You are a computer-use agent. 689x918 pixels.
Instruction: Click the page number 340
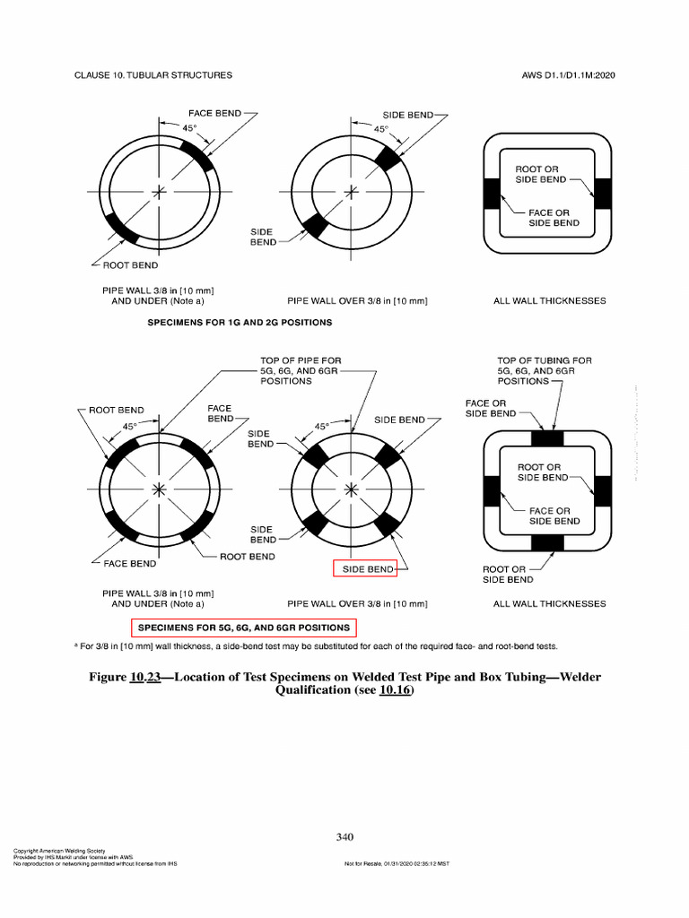pyautogui.click(x=345, y=836)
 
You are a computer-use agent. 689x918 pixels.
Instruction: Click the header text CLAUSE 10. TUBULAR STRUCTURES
pyautogui.click(x=153, y=75)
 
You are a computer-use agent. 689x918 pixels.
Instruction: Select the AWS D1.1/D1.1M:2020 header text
pyautogui.click(x=568, y=75)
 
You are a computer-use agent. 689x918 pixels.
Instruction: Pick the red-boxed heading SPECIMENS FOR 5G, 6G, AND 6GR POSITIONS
pyautogui.click(x=243, y=628)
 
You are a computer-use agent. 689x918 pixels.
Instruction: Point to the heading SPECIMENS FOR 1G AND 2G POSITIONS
pyautogui.click(x=240, y=322)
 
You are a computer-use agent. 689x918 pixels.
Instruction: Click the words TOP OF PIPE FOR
pyautogui.click(x=301, y=360)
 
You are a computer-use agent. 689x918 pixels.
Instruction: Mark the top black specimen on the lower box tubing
pyautogui.click(x=547, y=438)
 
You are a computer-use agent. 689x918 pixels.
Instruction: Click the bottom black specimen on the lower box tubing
pyautogui.click(x=547, y=542)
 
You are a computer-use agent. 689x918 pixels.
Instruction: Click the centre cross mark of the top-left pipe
pyautogui.click(x=160, y=192)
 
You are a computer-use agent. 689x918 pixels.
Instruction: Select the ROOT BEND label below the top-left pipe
pyautogui.click(x=132, y=265)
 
